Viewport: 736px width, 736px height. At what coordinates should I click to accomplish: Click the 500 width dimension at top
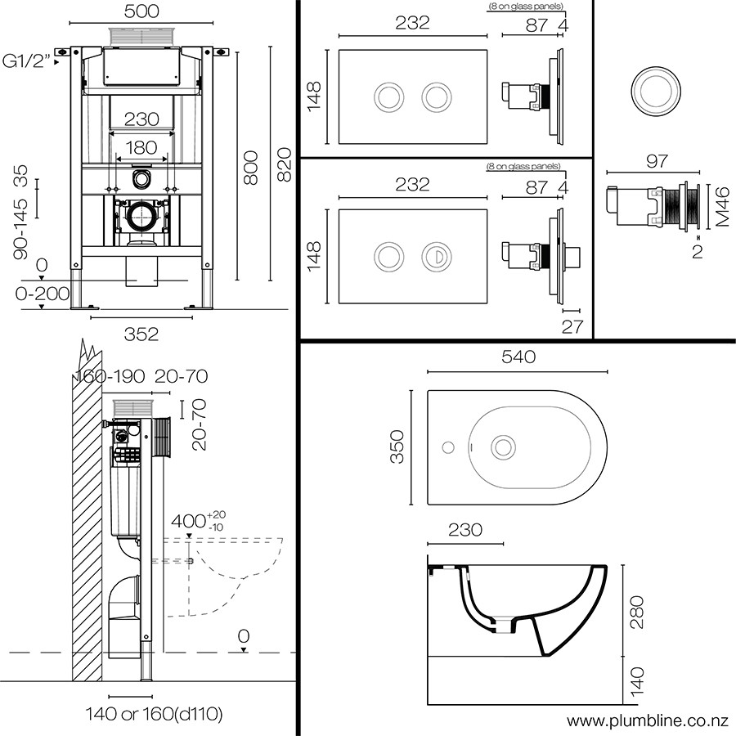pos(141,11)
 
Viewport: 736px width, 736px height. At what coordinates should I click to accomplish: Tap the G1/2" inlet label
pos(26,61)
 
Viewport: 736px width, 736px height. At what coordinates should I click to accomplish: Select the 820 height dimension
pos(284,164)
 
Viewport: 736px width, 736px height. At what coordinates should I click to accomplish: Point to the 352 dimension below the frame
pos(141,334)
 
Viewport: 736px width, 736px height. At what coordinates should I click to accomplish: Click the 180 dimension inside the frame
pos(141,148)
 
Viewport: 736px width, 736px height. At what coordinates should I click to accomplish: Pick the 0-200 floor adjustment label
pos(43,294)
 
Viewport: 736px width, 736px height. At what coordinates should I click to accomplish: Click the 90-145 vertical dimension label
pos(20,229)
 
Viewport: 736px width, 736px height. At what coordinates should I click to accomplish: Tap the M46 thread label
pos(723,207)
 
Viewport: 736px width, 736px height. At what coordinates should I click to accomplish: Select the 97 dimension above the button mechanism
pos(657,161)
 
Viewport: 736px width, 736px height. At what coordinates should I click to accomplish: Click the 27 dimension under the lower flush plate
pos(572,326)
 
